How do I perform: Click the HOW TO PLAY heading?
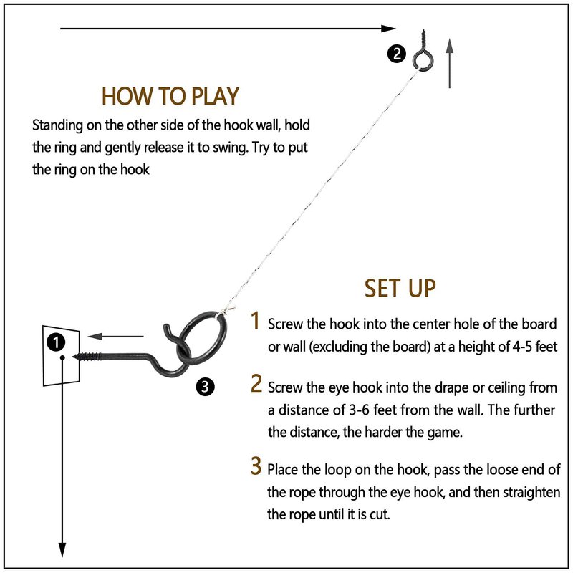pyautogui.click(x=170, y=96)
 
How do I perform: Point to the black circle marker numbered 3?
pyautogui.click(x=205, y=387)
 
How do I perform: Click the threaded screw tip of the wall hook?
pyautogui.click(x=90, y=354)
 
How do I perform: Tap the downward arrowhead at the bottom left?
pyautogui.click(x=62, y=550)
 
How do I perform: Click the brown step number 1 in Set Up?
pyautogui.click(x=255, y=322)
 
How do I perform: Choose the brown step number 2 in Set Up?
pyautogui.click(x=256, y=385)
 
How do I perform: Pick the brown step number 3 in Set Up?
pyautogui.click(x=256, y=467)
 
